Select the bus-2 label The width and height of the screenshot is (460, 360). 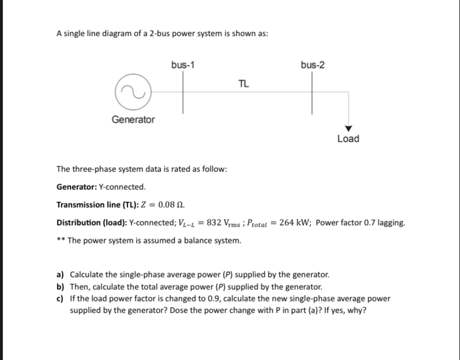point(312,65)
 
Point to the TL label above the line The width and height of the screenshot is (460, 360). point(243,84)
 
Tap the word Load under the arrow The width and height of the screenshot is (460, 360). point(348,138)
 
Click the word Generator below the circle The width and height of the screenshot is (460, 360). point(133,119)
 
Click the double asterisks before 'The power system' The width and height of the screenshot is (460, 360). point(61,241)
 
